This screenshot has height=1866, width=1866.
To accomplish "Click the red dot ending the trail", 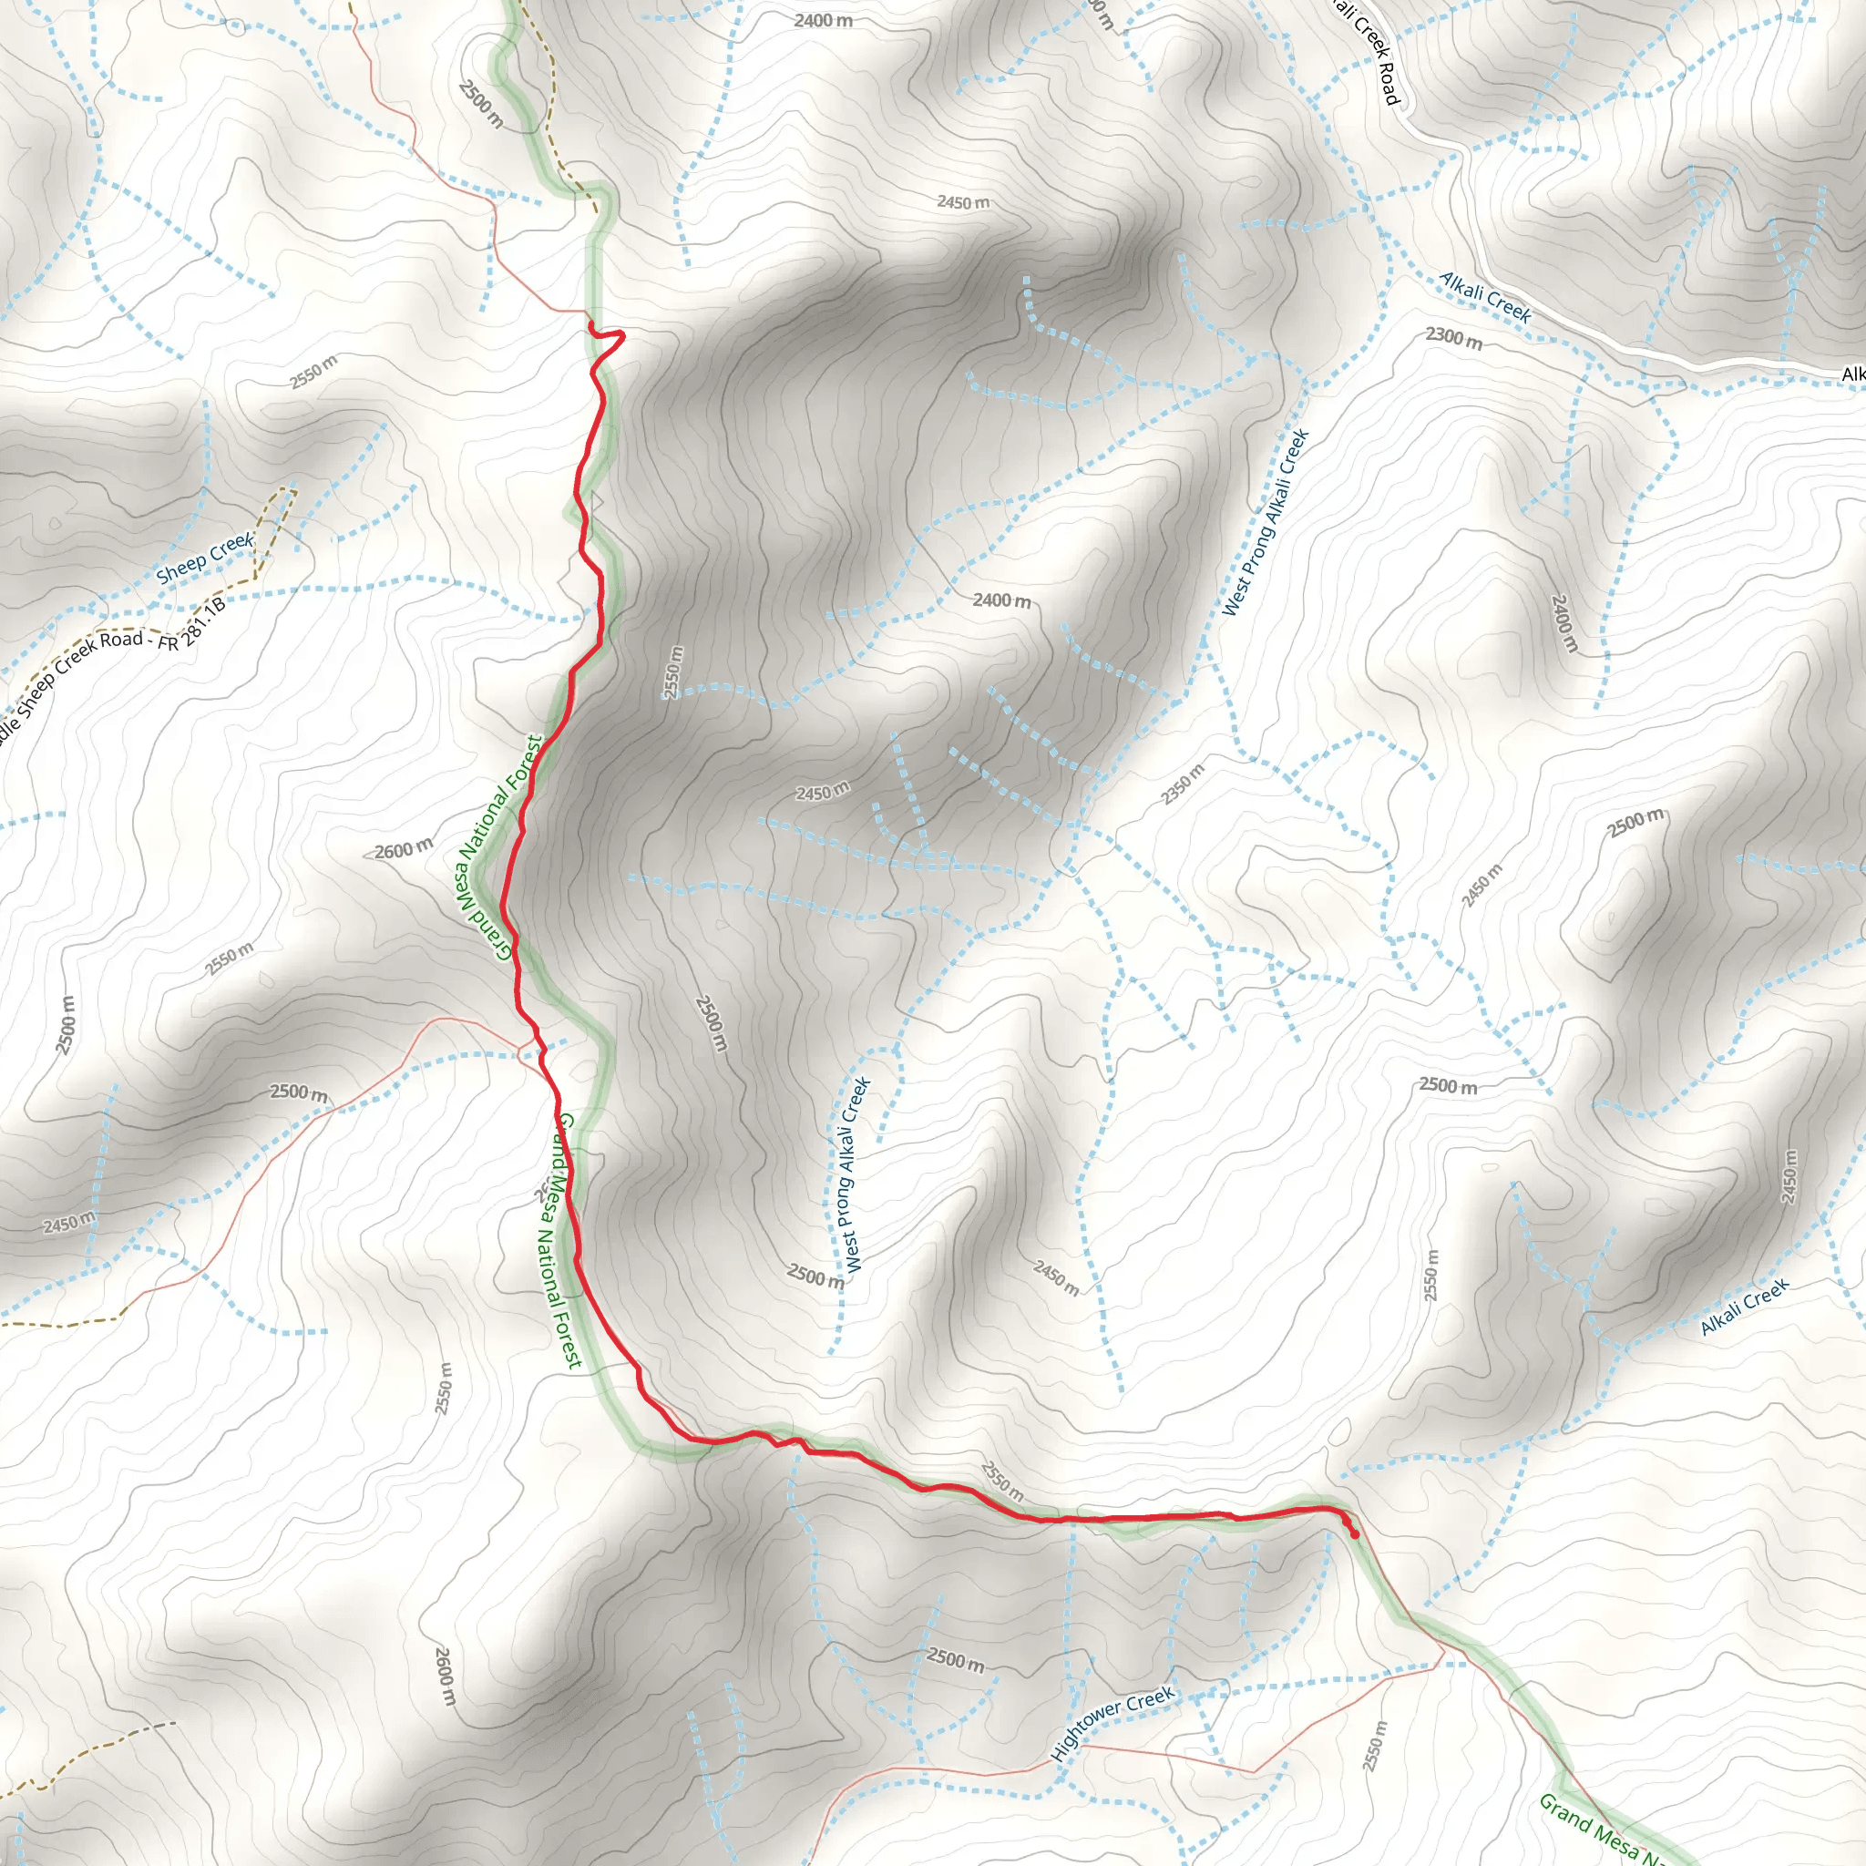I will (x=1354, y=1533).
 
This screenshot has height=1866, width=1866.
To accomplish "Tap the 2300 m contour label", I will (x=1453, y=338).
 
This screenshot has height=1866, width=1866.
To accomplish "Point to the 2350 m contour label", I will (x=1184, y=784).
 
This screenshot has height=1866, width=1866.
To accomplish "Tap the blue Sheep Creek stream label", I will (x=205, y=559).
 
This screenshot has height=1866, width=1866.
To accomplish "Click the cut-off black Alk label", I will (x=1852, y=374).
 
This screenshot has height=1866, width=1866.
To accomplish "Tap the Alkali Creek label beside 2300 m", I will (x=1484, y=295).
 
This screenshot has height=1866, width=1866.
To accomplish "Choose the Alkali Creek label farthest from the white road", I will (x=1744, y=1307).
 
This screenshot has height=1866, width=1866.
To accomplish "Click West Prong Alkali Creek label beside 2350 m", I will (x=1266, y=521).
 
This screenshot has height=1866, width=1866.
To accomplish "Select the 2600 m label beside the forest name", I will (x=404, y=850).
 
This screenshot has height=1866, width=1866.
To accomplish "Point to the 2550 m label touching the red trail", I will (x=1002, y=1480).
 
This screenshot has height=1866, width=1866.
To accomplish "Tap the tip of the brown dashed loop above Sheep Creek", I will (x=288, y=491).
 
